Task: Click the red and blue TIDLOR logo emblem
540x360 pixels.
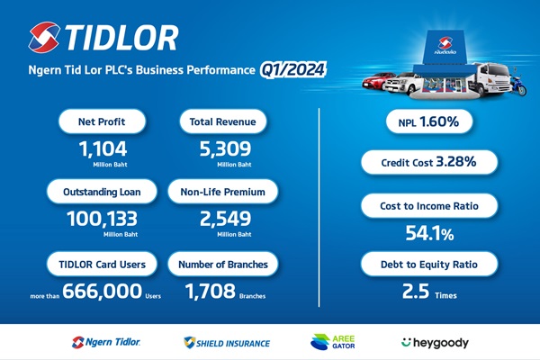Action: pos(44,37)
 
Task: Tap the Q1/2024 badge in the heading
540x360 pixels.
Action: pos(292,70)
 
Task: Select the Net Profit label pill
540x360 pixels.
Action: pos(102,121)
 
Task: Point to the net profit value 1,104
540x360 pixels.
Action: pos(103,149)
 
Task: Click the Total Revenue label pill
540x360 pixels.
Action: pos(223,121)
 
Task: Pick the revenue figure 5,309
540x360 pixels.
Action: pos(226,149)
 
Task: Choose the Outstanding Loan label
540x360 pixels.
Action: pos(102,192)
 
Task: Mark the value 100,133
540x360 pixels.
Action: pos(102,219)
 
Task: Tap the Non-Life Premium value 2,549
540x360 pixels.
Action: pos(226,219)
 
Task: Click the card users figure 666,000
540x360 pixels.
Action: pos(103,291)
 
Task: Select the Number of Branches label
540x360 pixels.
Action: pos(223,265)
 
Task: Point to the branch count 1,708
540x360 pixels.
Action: pos(211,291)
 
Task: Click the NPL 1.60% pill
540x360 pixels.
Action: pos(429,121)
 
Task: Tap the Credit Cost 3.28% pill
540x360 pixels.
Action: pos(429,162)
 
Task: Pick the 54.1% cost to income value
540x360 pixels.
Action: pos(429,233)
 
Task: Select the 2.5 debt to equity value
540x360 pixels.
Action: pos(416,291)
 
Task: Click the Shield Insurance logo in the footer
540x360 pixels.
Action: pos(227,343)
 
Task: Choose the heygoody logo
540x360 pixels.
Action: pos(435,343)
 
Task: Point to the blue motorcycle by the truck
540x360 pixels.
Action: pos(518,85)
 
